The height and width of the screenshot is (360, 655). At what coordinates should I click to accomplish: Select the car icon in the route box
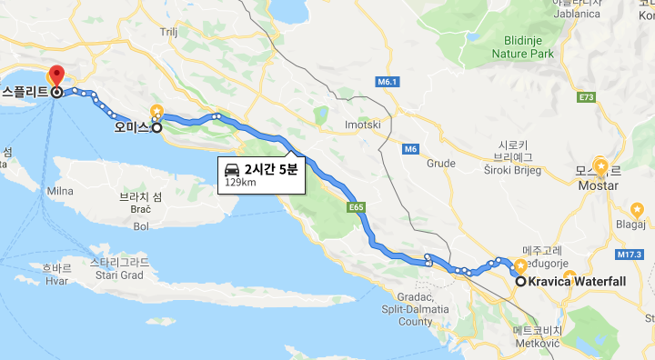(233, 169)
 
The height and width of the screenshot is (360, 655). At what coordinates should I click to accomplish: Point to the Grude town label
(441, 164)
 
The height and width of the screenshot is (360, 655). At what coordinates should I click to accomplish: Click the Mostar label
(599, 185)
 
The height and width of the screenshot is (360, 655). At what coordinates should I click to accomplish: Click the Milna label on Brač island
(59, 191)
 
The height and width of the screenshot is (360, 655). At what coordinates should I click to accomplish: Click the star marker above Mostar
(600, 166)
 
